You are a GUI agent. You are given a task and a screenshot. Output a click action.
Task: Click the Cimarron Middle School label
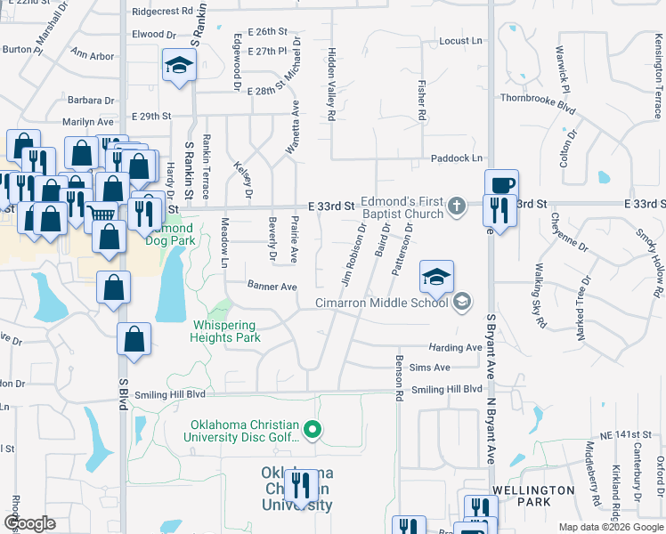[382, 303]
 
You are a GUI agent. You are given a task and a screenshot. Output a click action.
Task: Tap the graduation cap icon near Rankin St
[178, 65]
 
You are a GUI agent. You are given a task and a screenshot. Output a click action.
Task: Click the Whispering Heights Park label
[224, 331]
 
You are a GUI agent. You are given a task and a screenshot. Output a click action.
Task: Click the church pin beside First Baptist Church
[456, 206]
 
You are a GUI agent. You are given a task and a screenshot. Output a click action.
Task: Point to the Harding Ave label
[455, 348]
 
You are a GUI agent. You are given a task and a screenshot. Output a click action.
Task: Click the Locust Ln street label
[459, 41]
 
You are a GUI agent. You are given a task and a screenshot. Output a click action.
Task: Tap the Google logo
[30, 523]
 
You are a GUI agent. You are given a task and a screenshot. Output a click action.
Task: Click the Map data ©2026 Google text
[610, 527]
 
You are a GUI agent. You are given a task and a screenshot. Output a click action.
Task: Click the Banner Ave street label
[272, 287]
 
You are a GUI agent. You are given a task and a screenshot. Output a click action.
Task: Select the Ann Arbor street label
[93, 56]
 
